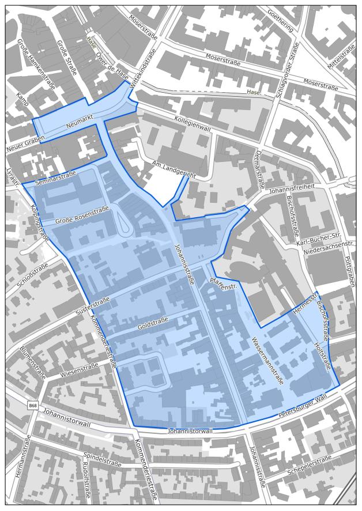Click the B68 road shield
(x=33, y=406)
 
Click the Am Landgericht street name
(x=173, y=169)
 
